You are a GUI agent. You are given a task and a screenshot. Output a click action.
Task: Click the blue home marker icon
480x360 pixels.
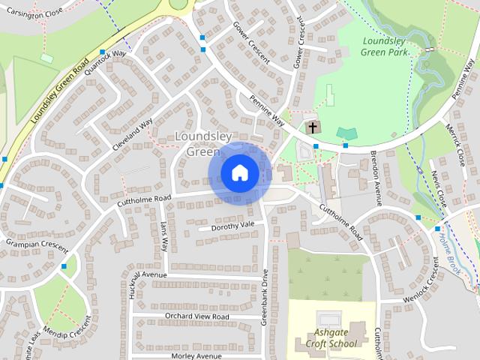tap(240, 173)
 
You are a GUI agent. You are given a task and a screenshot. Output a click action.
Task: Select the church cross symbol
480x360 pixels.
tap(312, 127)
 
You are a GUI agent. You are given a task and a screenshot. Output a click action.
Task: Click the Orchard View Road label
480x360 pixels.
tap(196, 316)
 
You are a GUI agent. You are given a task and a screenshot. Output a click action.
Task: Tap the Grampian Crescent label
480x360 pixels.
tap(37, 244)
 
